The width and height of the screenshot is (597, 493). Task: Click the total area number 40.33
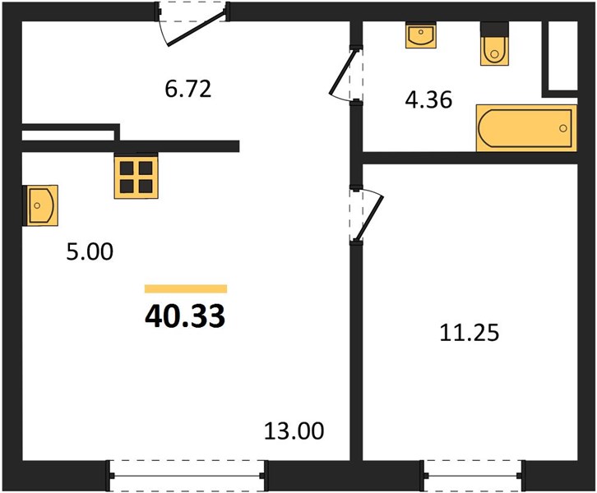click(x=185, y=316)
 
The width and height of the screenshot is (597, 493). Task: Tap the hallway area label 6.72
click(x=188, y=89)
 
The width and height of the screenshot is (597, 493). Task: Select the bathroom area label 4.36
click(x=428, y=100)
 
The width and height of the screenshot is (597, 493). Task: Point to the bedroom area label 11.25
click(x=469, y=333)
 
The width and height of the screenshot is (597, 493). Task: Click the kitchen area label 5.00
click(x=90, y=251)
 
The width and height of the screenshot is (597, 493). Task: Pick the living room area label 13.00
click(x=294, y=431)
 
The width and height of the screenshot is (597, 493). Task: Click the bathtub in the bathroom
click(x=526, y=128)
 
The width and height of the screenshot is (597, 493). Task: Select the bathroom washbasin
click(x=421, y=35)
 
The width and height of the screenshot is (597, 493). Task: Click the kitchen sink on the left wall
click(x=40, y=205)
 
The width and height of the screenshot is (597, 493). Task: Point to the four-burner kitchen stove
click(x=136, y=177)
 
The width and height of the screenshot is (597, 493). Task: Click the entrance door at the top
click(x=192, y=24)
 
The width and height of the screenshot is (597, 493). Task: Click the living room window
click(x=187, y=476)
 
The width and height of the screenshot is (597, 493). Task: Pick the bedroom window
click(x=473, y=476)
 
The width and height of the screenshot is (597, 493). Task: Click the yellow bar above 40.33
click(x=186, y=288)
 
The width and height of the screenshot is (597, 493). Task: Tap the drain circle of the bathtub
click(x=563, y=128)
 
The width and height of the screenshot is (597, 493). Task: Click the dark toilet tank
click(x=494, y=29)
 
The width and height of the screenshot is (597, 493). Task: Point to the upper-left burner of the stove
click(x=127, y=168)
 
